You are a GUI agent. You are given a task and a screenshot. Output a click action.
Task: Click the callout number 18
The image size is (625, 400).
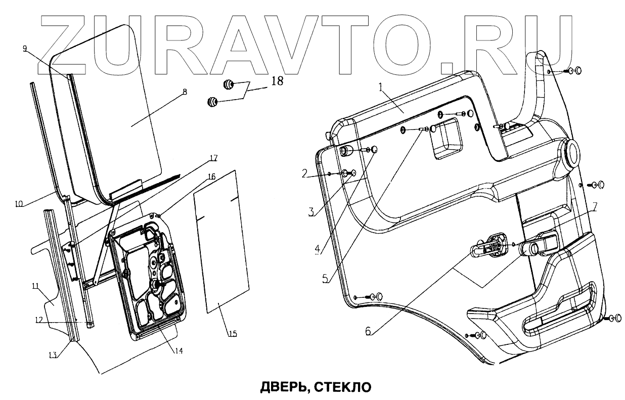point(277,81)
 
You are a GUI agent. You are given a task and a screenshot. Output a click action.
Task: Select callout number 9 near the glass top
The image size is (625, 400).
point(25,49)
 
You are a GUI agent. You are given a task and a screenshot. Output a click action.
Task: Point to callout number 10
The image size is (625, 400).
point(19,204)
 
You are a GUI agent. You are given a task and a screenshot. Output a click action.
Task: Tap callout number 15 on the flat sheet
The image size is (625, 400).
point(232,334)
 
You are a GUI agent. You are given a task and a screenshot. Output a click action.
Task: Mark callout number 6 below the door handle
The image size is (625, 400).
point(368,332)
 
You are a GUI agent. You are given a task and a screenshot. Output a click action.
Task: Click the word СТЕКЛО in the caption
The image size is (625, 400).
point(343,387)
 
